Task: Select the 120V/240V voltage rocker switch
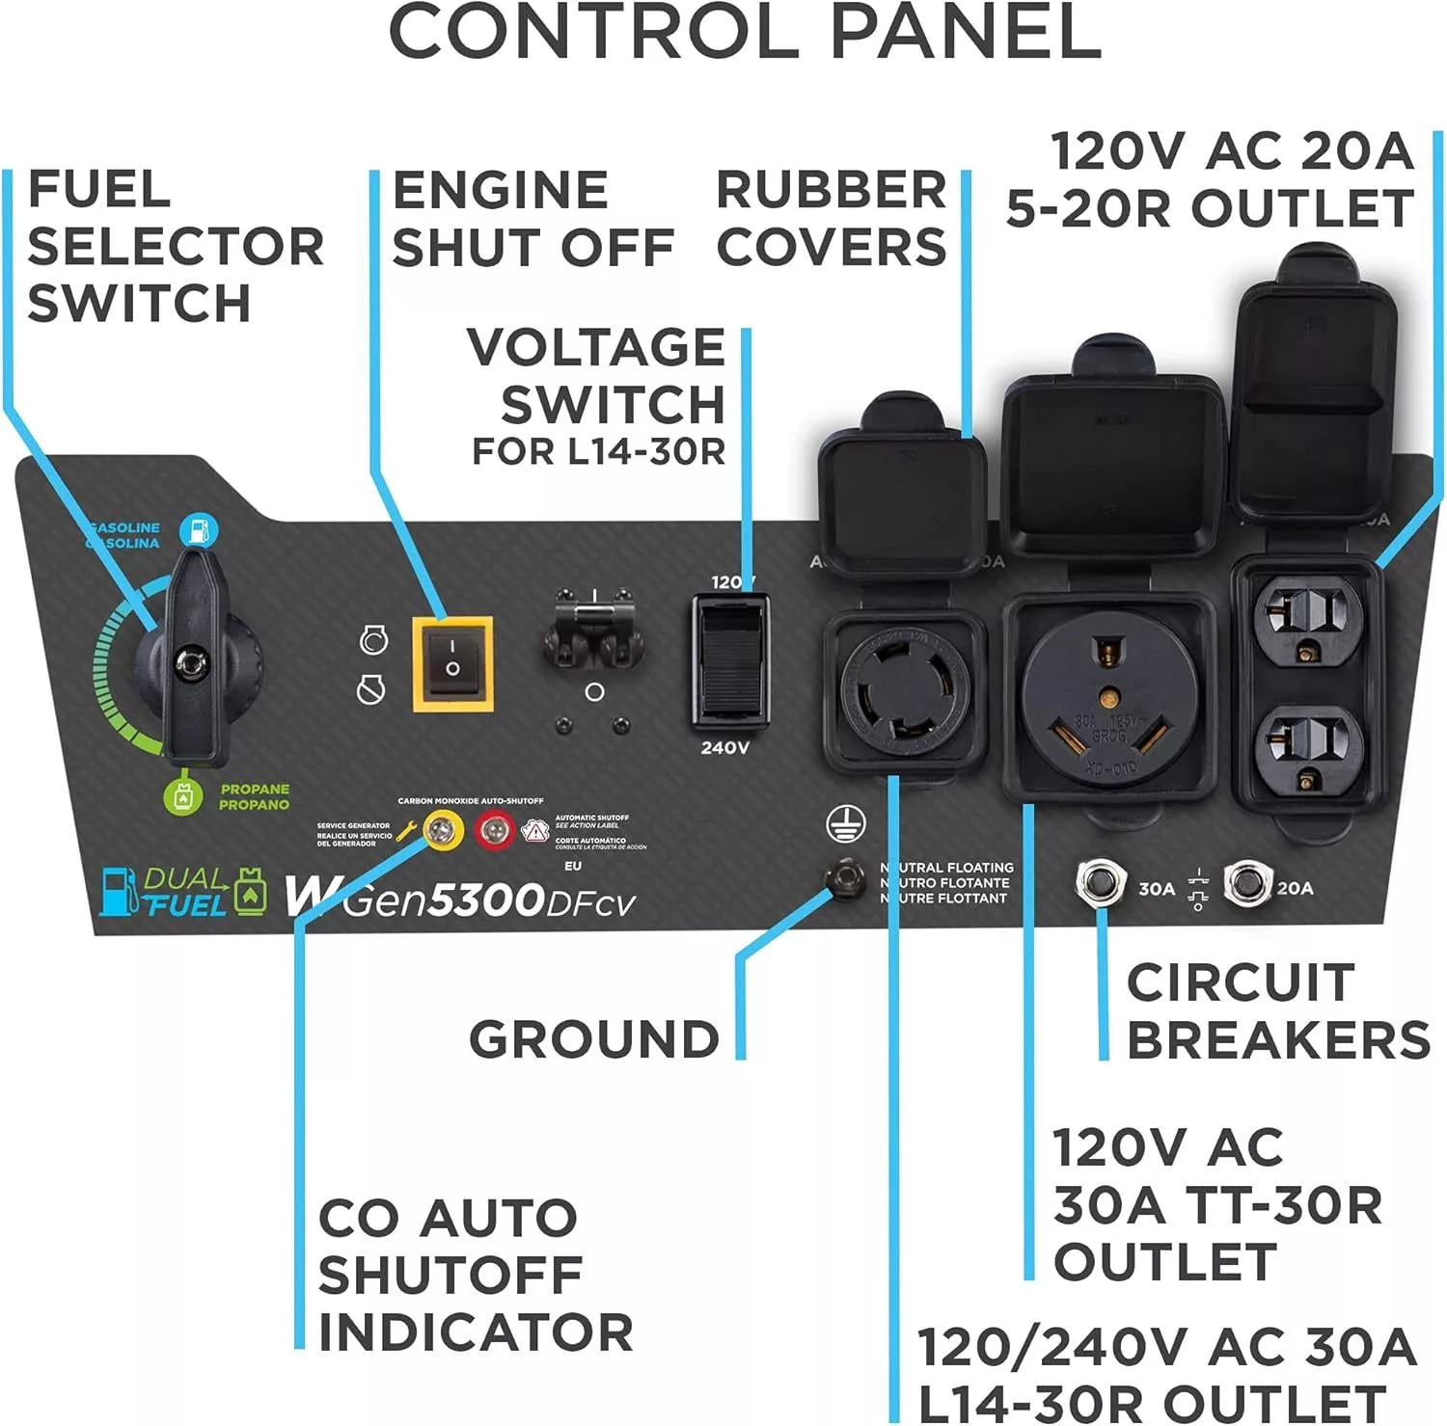click(730, 659)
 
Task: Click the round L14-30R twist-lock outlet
click(904, 687)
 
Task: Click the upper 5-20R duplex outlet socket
click(1307, 618)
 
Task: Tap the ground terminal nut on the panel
click(845, 876)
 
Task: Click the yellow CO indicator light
click(443, 829)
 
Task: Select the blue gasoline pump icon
click(199, 528)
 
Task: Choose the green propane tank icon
click(184, 794)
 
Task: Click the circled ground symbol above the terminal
click(845, 824)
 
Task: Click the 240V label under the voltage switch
click(724, 747)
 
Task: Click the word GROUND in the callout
click(594, 1039)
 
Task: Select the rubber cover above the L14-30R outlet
click(901, 492)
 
